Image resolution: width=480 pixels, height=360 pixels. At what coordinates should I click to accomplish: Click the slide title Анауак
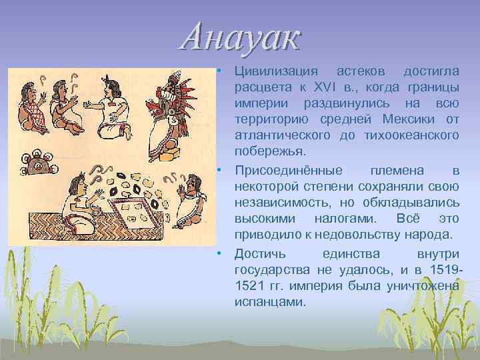point(241,39)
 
